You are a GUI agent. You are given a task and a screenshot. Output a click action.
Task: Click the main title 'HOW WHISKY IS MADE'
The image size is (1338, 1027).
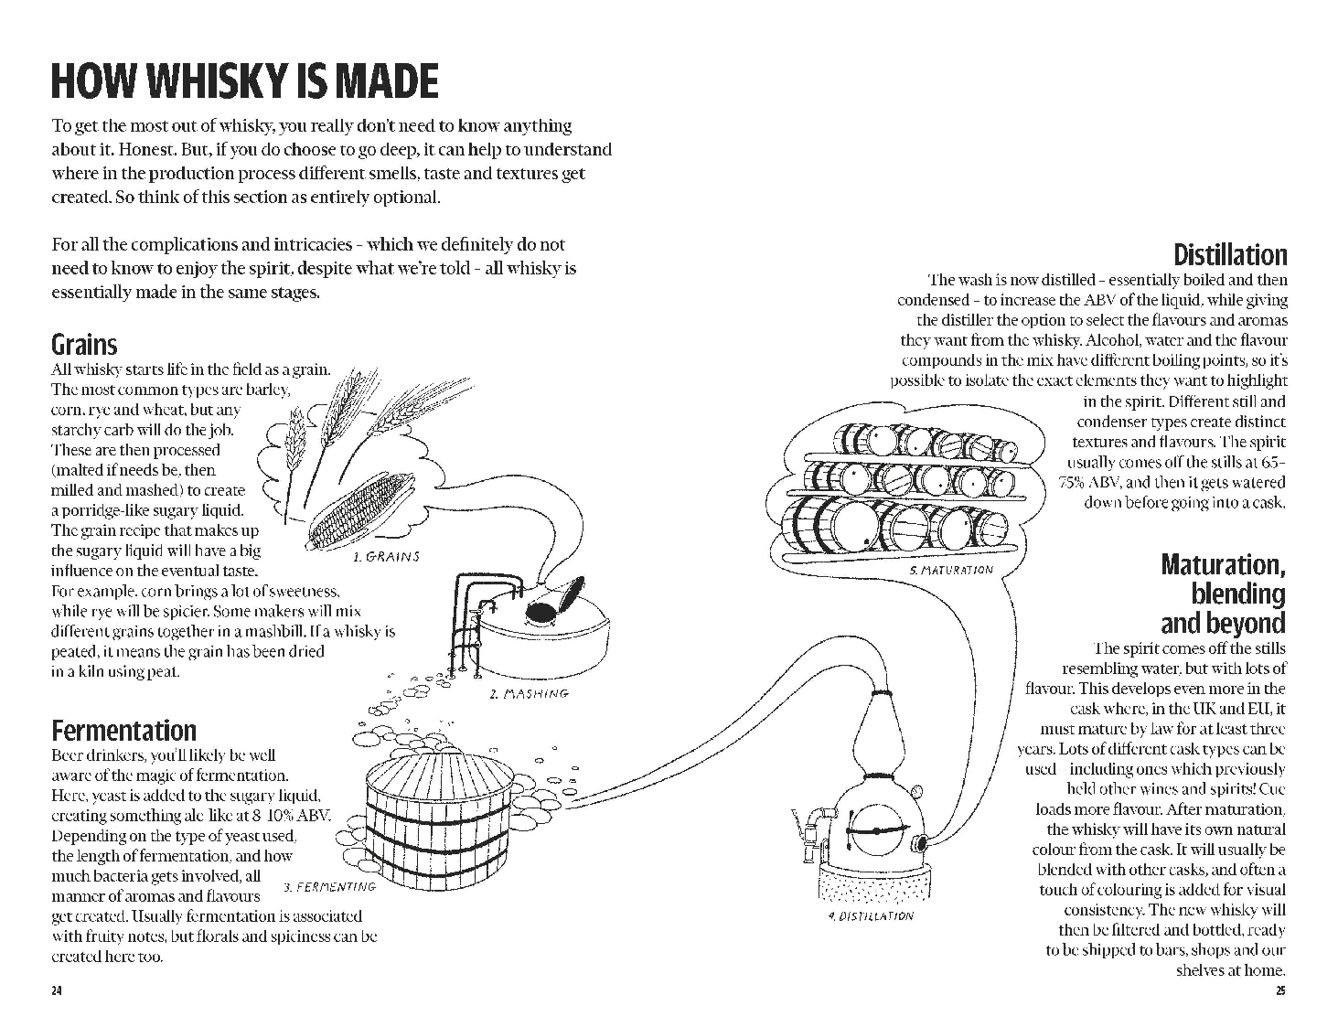[244, 81]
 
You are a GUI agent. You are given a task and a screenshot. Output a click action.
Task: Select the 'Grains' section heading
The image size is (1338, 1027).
[84, 345]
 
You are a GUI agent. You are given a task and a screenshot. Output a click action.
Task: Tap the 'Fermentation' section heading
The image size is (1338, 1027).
[123, 731]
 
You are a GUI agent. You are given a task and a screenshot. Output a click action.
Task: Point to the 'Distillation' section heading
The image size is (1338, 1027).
[1229, 254]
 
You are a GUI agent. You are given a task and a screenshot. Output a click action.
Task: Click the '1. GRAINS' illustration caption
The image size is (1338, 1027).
[385, 556]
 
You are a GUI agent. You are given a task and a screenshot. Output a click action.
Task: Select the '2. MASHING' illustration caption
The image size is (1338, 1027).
[529, 694]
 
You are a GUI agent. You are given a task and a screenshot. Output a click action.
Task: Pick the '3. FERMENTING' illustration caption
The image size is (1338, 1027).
[329, 886]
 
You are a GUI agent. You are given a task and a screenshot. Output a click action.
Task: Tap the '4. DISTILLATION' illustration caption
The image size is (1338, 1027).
[869, 915]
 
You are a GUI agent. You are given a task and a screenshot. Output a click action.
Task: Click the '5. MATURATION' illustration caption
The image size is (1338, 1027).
[950, 570]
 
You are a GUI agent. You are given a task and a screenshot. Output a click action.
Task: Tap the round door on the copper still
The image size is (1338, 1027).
[875, 829]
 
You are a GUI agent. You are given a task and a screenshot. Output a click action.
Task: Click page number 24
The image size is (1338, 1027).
[57, 991]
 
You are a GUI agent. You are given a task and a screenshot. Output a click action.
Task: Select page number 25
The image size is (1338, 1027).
[1279, 991]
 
